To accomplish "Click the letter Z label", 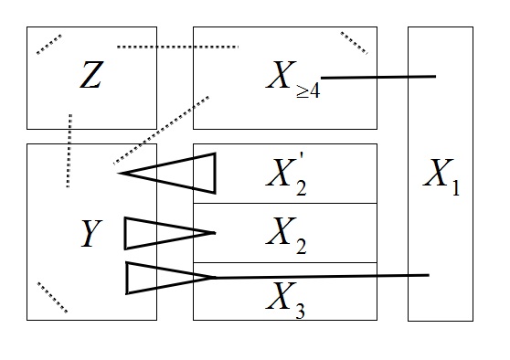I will pos(90,77).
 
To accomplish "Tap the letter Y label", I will pos(90,237).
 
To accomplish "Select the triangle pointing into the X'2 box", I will pos(182,173).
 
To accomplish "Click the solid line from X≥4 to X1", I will pos(378,78).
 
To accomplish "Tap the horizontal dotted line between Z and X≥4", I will pos(177,47).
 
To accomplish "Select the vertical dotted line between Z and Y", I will pos(69,151).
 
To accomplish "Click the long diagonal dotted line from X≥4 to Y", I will pos(162,128).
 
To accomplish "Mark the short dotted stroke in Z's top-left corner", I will pos(49,44).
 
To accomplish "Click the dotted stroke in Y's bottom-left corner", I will pos(51,297).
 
